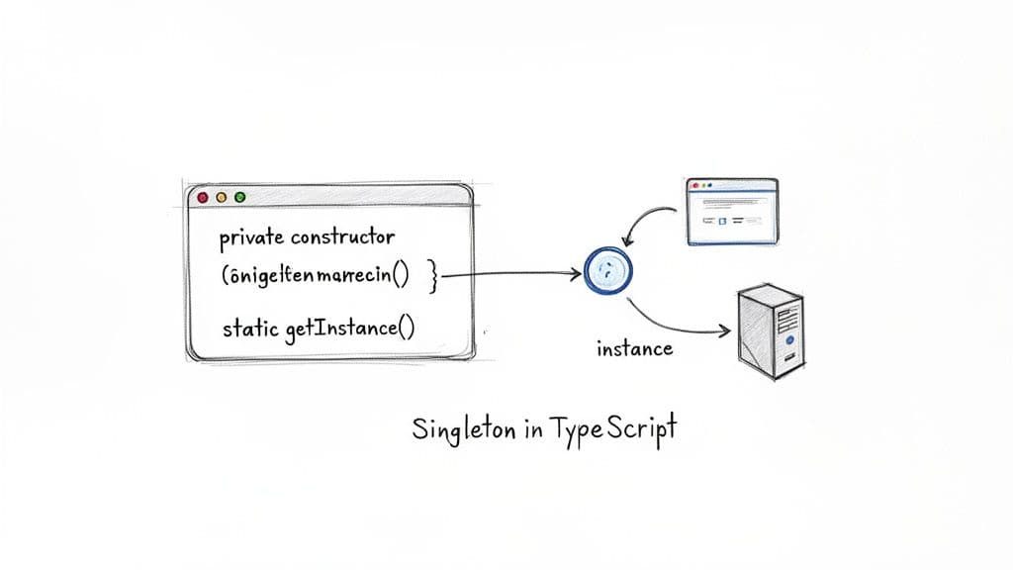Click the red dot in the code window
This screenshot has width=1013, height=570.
tap(204, 197)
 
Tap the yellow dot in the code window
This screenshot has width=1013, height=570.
tap(221, 197)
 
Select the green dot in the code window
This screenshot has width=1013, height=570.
tap(238, 197)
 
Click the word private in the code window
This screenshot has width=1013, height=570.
tap(251, 237)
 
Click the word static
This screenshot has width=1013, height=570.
tap(251, 329)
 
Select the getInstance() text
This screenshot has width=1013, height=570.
tap(347, 329)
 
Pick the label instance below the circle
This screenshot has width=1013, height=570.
tap(634, 348)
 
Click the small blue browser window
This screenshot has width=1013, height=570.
tap(733, 210)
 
